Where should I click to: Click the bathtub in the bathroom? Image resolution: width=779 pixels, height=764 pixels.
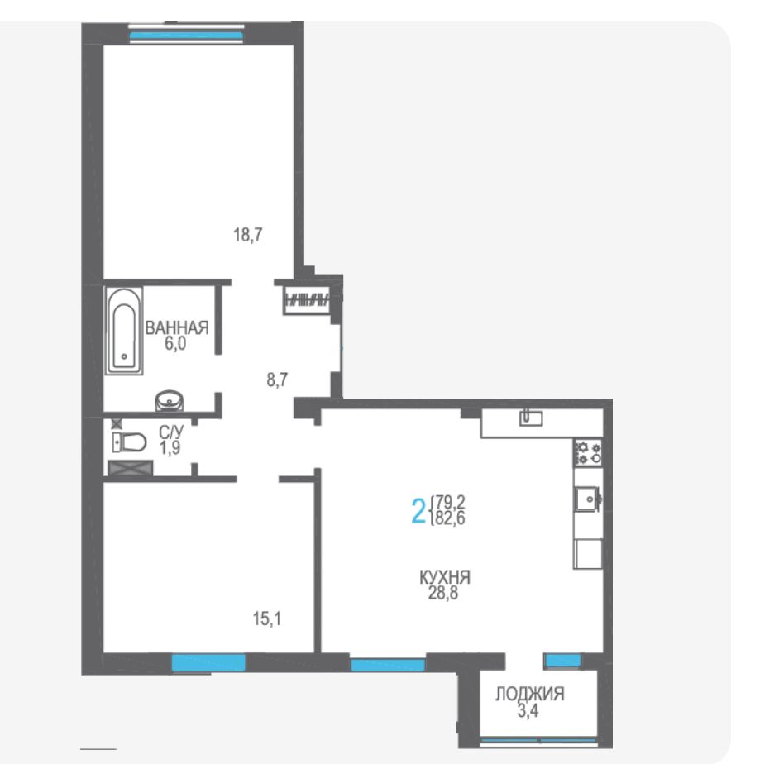[124, 331]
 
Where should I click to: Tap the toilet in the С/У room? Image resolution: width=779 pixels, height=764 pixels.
[129, 442]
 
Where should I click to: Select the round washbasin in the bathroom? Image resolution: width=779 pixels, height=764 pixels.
[170, 401]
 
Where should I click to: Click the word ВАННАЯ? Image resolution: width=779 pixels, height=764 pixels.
[176, 328]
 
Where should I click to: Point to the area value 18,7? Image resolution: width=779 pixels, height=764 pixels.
[248, 235]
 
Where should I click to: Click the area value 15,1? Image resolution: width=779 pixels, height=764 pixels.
[267, 618]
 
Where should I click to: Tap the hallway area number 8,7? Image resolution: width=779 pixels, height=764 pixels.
[277, 380]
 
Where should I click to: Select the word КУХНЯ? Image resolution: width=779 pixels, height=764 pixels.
[445, 577]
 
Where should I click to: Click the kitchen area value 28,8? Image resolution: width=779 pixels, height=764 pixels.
[443, 593]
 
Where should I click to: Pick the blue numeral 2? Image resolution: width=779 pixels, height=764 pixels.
[418, 511]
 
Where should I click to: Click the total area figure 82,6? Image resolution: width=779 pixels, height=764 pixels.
[450, 518]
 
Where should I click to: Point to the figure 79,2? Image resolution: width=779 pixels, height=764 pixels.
[450, 502]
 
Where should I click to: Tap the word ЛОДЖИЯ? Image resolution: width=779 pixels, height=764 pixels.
[529, 694]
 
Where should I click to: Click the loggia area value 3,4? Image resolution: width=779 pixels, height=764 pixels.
[528, 710]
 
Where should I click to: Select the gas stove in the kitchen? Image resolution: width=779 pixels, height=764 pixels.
[588, 452]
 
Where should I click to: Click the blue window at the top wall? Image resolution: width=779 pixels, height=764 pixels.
[186, 36]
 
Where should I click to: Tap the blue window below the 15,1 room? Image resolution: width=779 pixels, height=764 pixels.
[208, 662]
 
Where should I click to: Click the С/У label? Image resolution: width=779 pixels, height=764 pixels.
[171, 432]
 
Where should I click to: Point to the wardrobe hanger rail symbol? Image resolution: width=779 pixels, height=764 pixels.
[308, 300]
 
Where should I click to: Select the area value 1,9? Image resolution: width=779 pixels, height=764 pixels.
[170, 448]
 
